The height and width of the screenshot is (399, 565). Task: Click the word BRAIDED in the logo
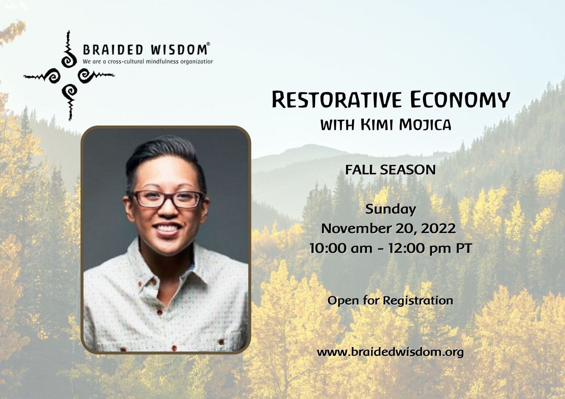113,50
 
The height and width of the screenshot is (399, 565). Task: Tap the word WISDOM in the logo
179,50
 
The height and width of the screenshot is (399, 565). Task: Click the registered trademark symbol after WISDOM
208,44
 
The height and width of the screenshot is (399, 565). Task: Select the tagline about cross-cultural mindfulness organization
148,61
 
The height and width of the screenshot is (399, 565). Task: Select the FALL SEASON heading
390,170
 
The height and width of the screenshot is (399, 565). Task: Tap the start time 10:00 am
340,248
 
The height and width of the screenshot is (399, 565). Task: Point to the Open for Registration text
390,301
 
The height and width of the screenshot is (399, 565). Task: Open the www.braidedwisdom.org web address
390,352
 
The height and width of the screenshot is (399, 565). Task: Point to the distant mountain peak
311,146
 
